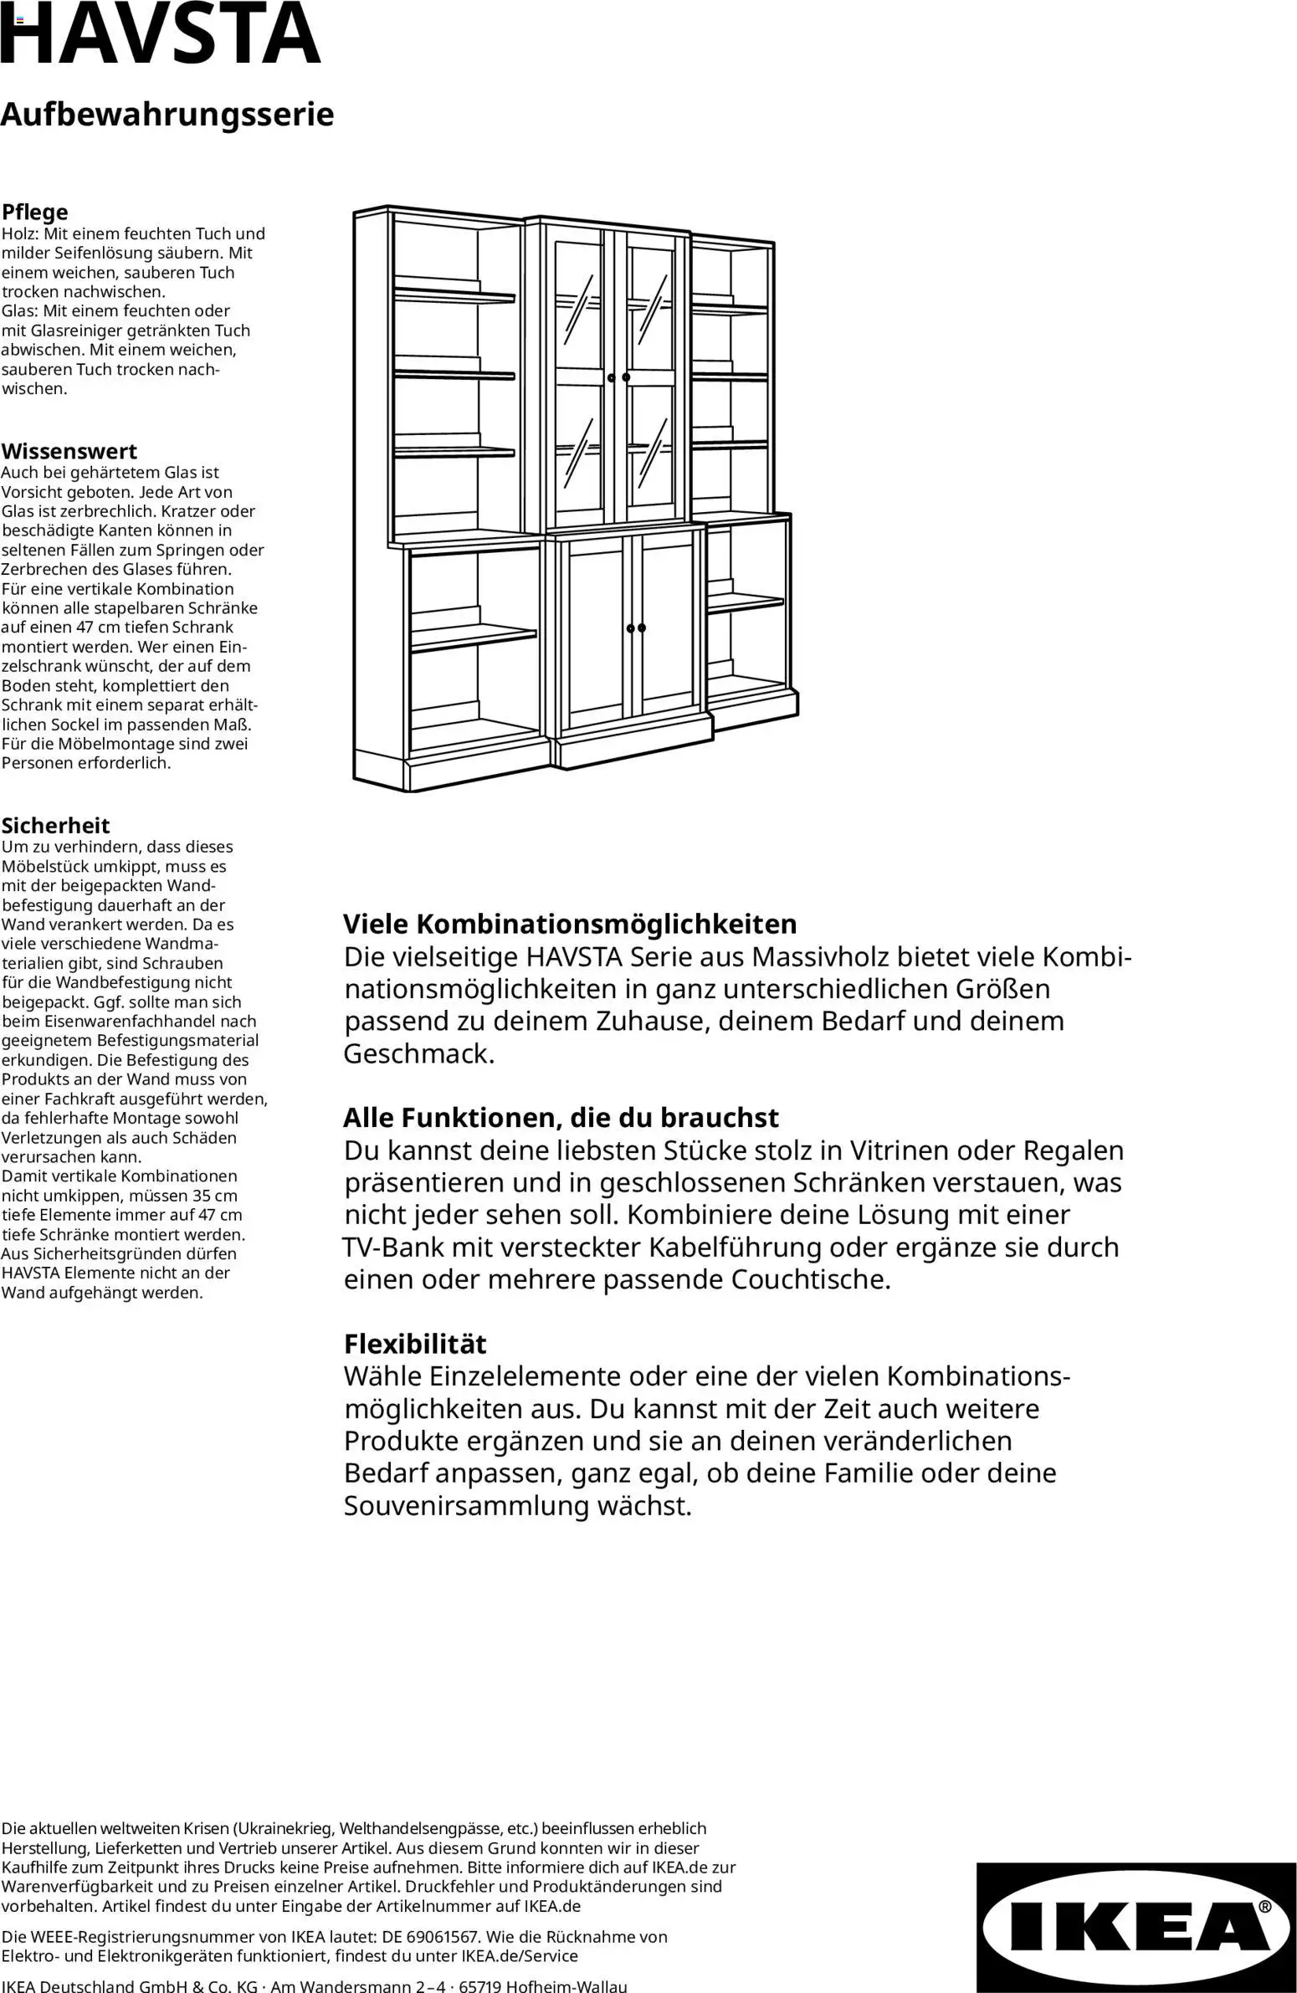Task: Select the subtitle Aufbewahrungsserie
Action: click(167, 115)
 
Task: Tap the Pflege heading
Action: click(35, 212)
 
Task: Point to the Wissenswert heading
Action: click(69, 451)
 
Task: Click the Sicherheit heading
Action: click(55, 826)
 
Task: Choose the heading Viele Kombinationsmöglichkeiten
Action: click(570, 925)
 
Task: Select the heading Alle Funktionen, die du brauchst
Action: click(561, 1118)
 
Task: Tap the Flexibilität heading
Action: click(415, 1344)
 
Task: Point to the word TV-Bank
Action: click(393, 1248)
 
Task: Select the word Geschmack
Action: click(418, 1053)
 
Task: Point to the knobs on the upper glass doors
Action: click(618, 377)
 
